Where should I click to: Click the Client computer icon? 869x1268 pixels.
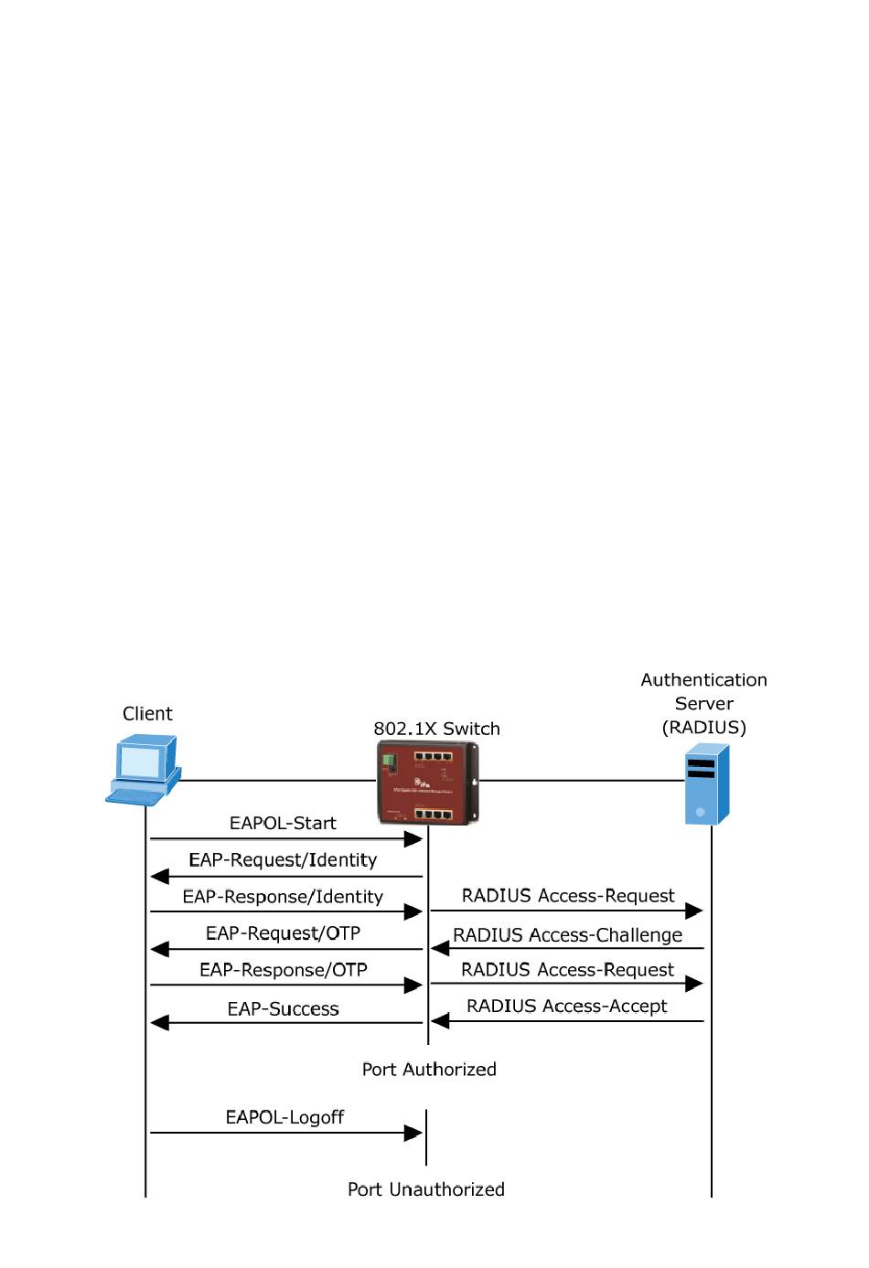click(143, 771)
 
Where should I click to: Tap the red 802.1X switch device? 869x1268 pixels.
click(428, 783)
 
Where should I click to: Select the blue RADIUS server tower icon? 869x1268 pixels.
click(708, 784)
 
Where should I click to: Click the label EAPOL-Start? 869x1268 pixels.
click(283, 823)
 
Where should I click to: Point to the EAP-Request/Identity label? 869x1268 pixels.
click(283, 859)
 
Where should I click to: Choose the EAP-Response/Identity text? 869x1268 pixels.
click(283, 896)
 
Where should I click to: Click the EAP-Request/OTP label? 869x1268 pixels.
click(283, 932)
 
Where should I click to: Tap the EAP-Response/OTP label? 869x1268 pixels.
click(283, 969)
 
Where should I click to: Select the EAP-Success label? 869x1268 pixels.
click(283, 1008)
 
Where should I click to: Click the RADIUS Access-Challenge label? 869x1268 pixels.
click(567, 934)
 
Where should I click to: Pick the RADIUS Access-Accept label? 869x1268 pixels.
click(567, 1006)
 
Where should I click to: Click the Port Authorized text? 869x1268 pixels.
click(429, 1069)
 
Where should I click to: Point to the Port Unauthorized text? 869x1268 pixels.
click(426, 1188)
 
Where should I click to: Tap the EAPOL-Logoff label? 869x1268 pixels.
click(284, 1116)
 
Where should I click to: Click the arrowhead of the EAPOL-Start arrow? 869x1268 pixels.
click(413, 838)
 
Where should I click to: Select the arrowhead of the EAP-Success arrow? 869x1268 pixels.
click(159, 1022)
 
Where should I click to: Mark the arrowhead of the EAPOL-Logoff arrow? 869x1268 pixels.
click(413, 1133)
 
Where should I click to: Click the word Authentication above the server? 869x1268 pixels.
click(703, 679)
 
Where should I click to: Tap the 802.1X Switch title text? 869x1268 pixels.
click(436, 729)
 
